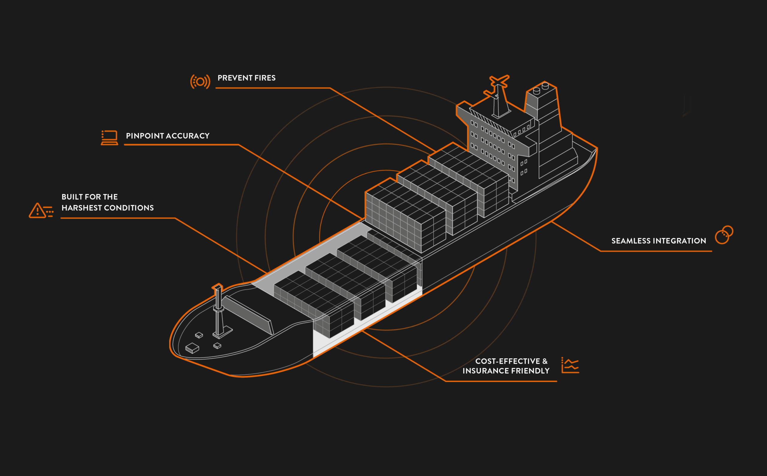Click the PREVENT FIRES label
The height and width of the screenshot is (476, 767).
246,78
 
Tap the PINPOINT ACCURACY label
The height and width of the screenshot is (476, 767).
167,136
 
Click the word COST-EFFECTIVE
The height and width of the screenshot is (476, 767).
508,361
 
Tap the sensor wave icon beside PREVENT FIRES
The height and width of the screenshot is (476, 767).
200,82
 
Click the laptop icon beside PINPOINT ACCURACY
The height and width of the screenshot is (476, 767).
109,138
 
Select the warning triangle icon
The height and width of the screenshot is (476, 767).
37,211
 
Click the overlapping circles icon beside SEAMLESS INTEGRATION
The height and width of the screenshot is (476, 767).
724,235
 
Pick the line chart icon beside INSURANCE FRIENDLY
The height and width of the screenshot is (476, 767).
570,365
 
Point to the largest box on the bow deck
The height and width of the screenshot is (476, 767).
192,348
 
